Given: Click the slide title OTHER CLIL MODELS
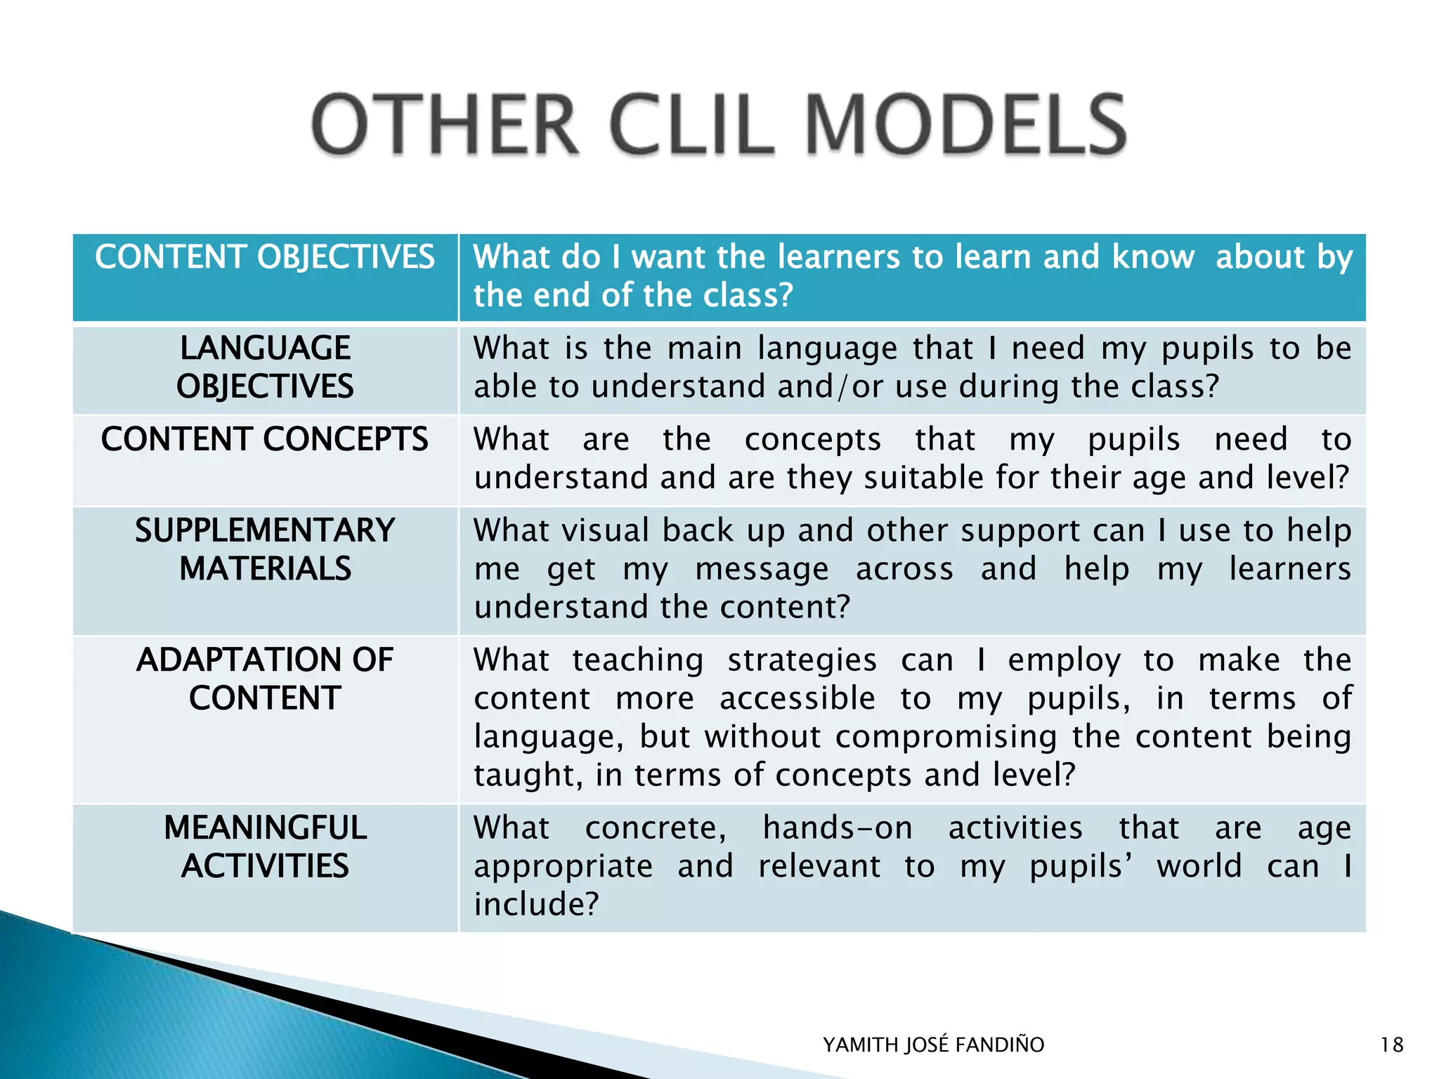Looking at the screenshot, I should (x=719, y=126).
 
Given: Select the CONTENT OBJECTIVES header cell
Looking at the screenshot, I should (x=265, y=257).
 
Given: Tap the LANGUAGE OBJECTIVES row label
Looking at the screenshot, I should (x=265, y=367).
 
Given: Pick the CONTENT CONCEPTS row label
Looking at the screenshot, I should (x=265, y=440).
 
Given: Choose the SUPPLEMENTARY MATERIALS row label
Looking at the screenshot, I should (x=265, y=549).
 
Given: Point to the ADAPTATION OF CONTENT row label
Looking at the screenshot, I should (x=265, y=679).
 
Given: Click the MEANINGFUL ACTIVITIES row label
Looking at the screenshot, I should (x=265, y=846).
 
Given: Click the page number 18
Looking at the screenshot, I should (x=1391, y=1045).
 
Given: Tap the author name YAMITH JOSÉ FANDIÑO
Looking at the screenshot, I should (x=933, y=1045).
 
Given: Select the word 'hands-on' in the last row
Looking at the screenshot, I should (x=838, y=828).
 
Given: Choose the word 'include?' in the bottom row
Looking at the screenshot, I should (x=536, y=904).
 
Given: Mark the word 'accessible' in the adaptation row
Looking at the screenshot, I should (x=797, y=699).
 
